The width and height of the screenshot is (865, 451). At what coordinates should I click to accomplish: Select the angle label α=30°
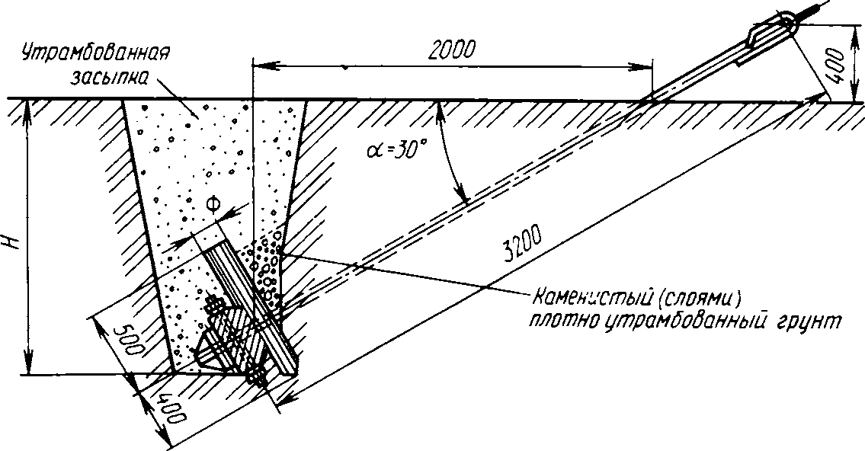pyautogui.click(x=391, y=148)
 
